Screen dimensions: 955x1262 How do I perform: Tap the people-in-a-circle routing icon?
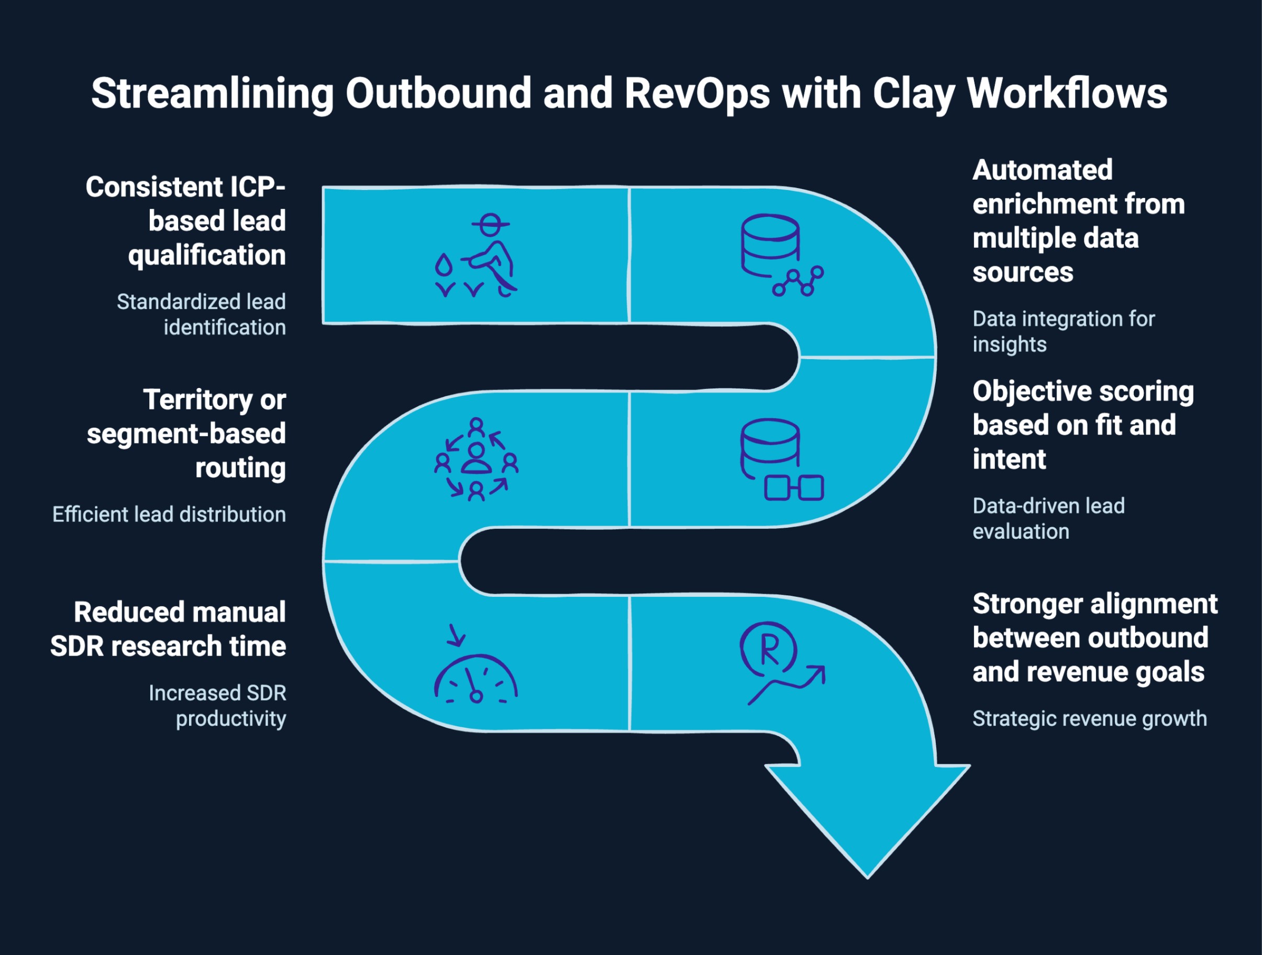[x=477, y=460]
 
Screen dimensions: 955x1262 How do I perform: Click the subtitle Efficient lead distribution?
[x=169, y=515]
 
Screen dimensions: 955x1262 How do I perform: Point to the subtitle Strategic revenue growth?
[x=1089, y=718]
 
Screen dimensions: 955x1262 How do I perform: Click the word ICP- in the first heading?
[x=257, y=187]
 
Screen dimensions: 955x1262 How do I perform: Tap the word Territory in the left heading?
[x=197, y=399]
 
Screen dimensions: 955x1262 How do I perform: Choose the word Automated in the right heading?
[x=1043, y=170]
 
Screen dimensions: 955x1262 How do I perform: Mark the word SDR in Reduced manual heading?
[x=78, y=647]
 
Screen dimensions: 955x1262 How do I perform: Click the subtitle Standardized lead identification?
[x=201, y=314]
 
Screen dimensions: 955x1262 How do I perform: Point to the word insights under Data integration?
[x=1009, y=345]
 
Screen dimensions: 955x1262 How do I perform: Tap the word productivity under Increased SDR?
[x=230, y=719]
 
